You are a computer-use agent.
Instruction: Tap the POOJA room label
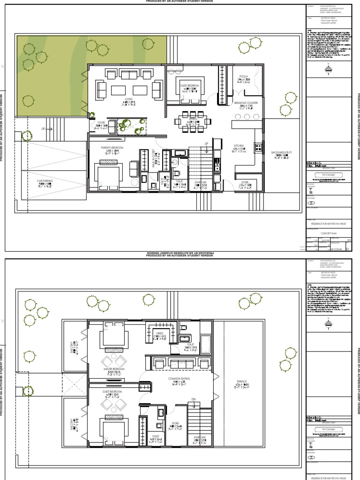[x=243, y=75]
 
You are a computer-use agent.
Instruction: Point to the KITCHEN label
[x=239, y=146]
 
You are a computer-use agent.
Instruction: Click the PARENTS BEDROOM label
[x=112, y=148]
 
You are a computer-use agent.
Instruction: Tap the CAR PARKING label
[x=47, y=180]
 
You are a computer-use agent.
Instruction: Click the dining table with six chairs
[x=193, y=121]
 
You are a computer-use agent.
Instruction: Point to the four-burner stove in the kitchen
[x=257, y=147]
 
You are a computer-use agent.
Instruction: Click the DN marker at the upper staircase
[x=193, y=399]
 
